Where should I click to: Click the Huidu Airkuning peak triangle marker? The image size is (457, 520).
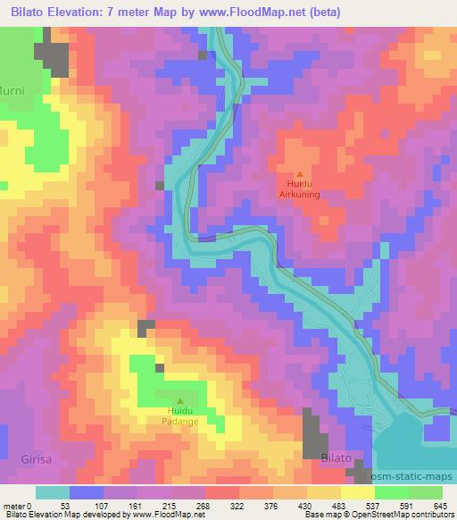point(300,174)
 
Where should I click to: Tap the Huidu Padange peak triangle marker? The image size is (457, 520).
point(180,400)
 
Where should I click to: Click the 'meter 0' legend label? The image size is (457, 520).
point(19,505)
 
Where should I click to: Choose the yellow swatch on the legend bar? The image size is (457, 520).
point(357,492)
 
